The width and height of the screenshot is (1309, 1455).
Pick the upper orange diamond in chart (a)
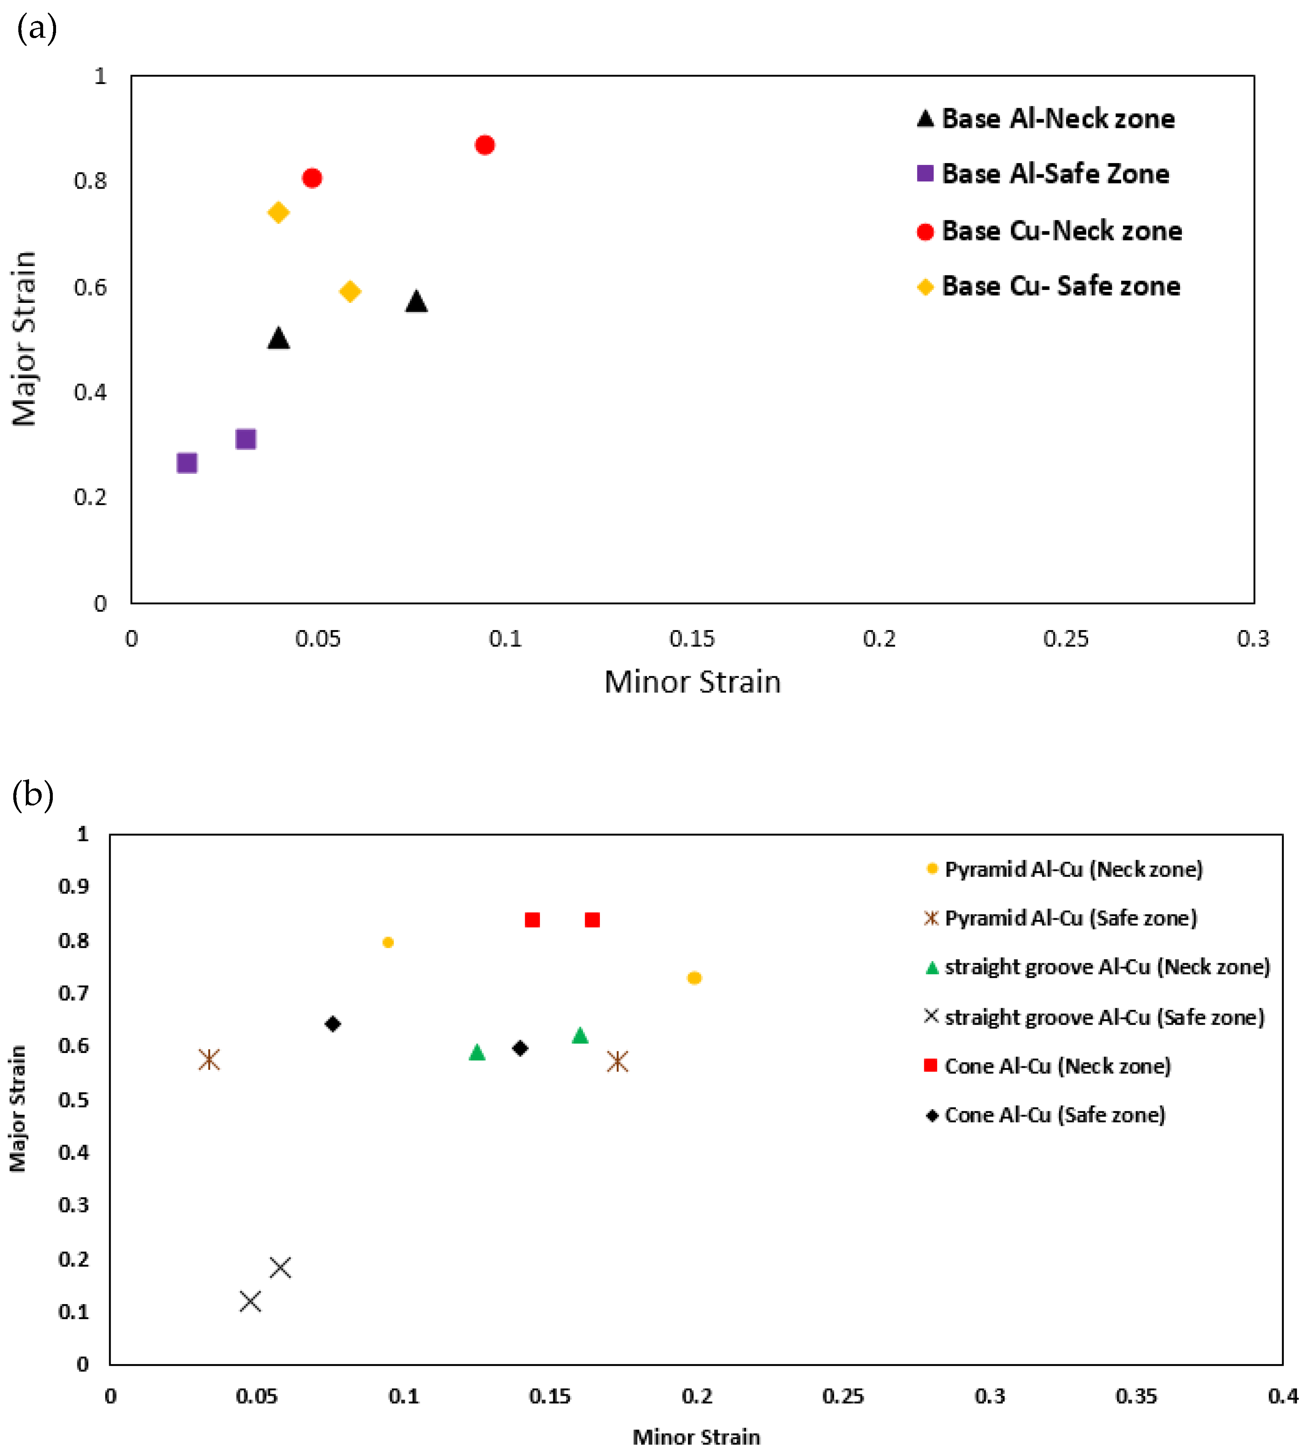[x=278, y=212]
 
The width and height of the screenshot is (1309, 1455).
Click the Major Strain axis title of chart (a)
[x=24, y=338]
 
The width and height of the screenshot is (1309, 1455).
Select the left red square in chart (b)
[x=532, y=920]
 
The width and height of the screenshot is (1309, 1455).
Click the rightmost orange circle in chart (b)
[x=694, y=978]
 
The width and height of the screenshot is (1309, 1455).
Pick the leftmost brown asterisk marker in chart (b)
[x=209, y=1059]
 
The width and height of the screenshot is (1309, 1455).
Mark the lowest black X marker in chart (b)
[x=250, y=1301]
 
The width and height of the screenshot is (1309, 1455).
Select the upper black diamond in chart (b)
[x=332, y=1024]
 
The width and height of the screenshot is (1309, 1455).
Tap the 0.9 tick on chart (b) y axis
[x=74, y=886]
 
